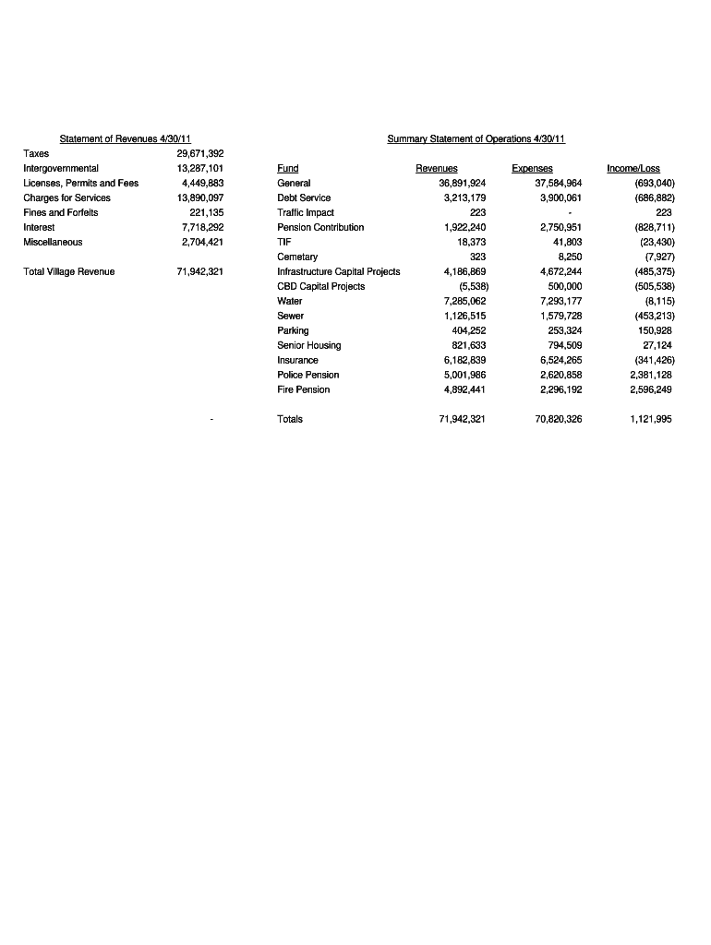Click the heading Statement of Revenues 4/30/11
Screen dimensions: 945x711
coord(125,138)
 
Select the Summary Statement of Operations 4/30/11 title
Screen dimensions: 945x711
coord(476,138)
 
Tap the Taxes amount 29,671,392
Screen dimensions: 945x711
coord(199,153)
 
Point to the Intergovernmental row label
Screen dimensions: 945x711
coord(61,168)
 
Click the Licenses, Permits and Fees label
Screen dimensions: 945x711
coord(80,183)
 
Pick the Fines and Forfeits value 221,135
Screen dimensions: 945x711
coord(204,212)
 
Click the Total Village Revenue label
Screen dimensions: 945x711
coord(69,271)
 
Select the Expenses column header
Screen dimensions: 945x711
coord(532,168)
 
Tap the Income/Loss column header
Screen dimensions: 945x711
coord(633,168)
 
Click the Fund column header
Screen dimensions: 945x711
coord(287,168)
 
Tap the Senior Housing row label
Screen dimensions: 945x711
coord(308,345)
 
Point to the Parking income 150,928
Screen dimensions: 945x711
coord(654,330)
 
